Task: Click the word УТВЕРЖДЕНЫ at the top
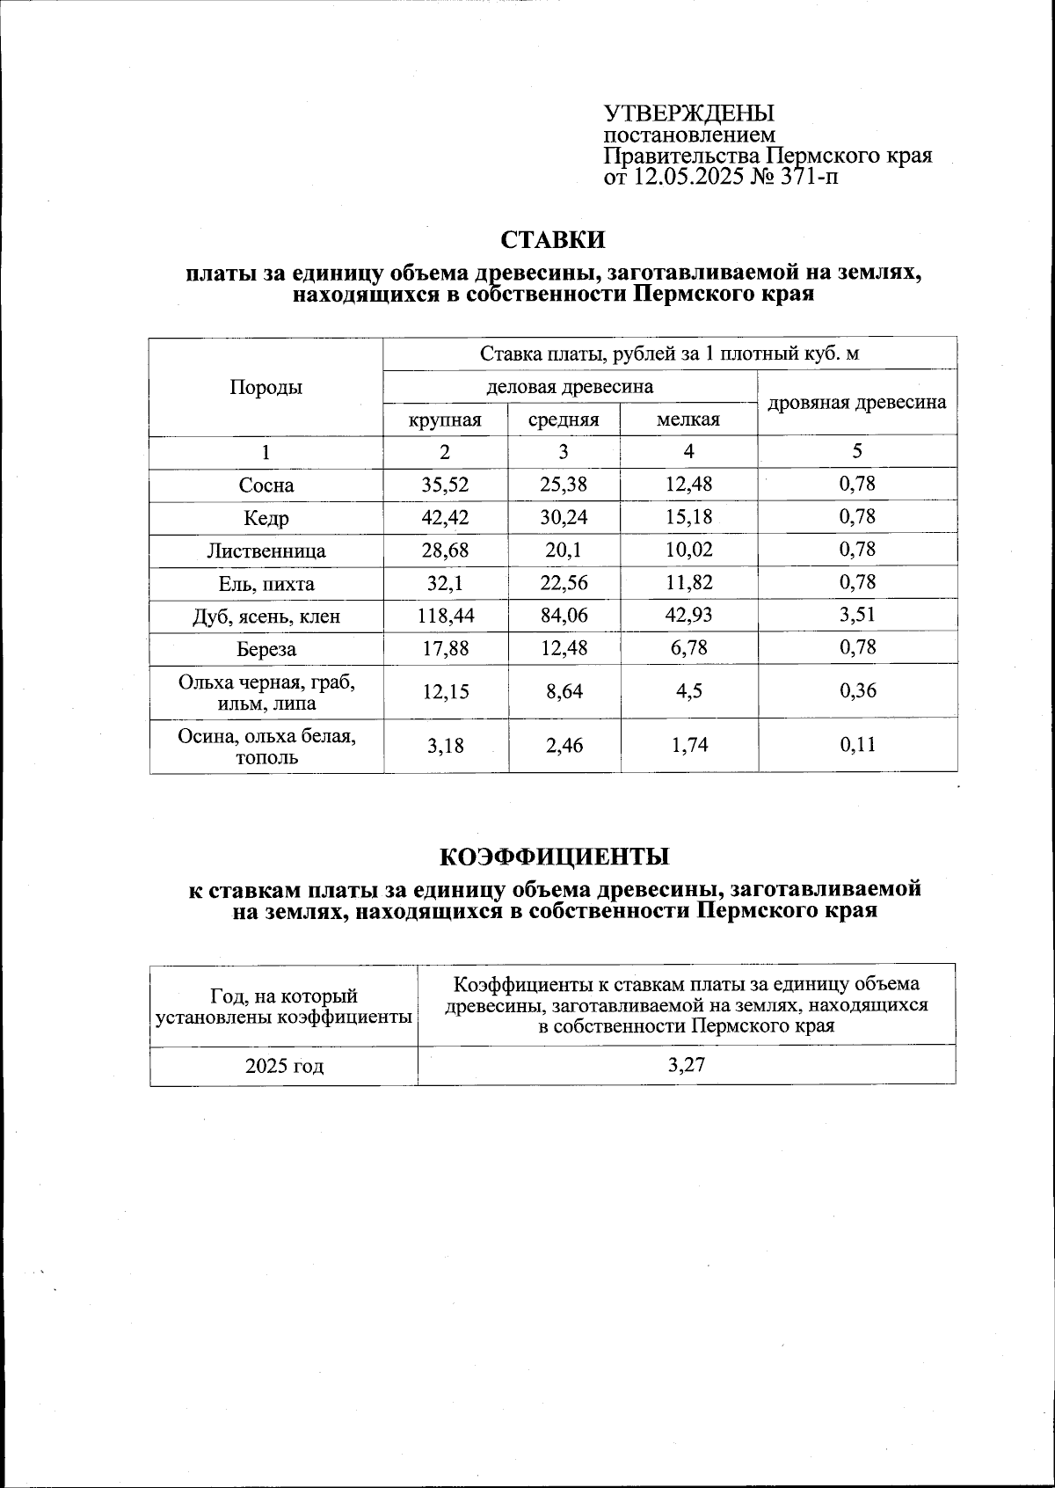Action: (x=688, y=113)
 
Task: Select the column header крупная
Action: (x=446, y=419)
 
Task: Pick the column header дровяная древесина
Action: (x=857, y=402)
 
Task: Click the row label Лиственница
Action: (x=266, y=551)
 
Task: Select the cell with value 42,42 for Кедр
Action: (x=446, y=518)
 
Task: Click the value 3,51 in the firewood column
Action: (x=857, y=615)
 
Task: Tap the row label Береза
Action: (x=266, y=650)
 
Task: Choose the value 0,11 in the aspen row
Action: (x=857, y=746)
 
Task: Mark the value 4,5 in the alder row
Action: (x=688, y=691)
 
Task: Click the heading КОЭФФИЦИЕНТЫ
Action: (x=554, y=857)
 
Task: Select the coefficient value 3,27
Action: (x=687, y=1065)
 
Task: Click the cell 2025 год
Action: (x=284, y=1067)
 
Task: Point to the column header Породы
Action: (x=266, y=387)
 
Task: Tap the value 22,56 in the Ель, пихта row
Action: (x=564, y=584)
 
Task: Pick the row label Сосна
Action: (x=266, y=485)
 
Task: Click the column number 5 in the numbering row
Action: (x=857, y=451)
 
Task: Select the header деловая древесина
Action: (x=570, y=387)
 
